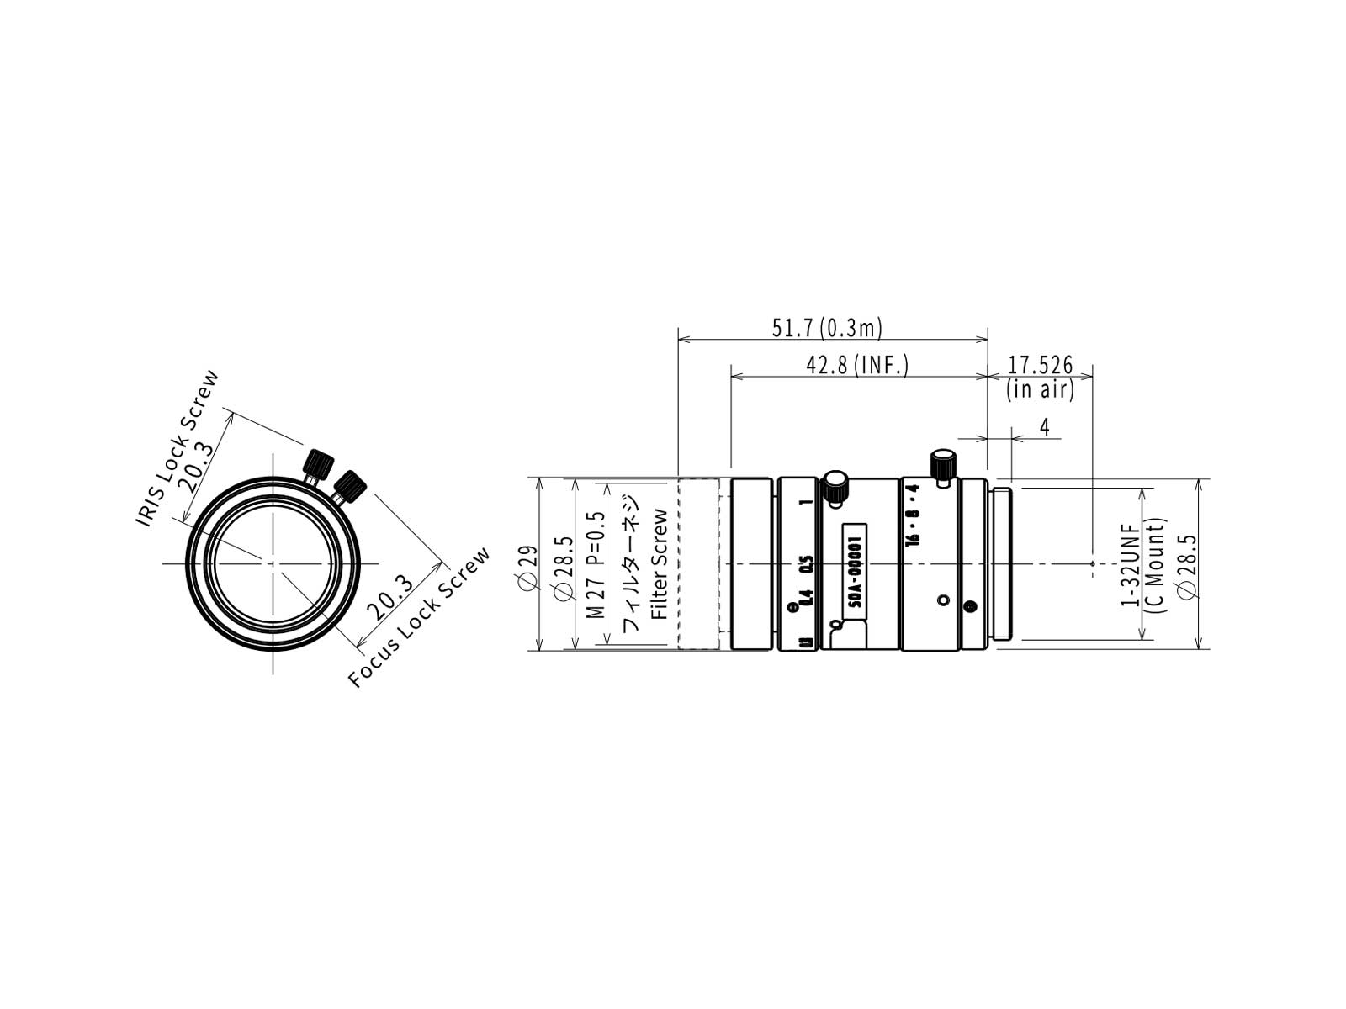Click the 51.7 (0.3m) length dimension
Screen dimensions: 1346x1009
click(x=826, y=329)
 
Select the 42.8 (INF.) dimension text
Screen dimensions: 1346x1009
click(x=856, y=366)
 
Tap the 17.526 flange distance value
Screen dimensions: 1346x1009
click(x=1041, y=366)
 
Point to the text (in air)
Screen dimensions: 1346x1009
click(x=1040, y=389)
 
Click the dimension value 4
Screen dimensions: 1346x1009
click(x=1044, y=427)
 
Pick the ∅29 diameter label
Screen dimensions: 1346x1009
click(x=528, y=568)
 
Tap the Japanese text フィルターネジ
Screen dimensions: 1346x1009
click(x=631, y=563)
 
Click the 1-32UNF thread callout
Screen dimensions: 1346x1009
click(x=1129, y=564)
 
